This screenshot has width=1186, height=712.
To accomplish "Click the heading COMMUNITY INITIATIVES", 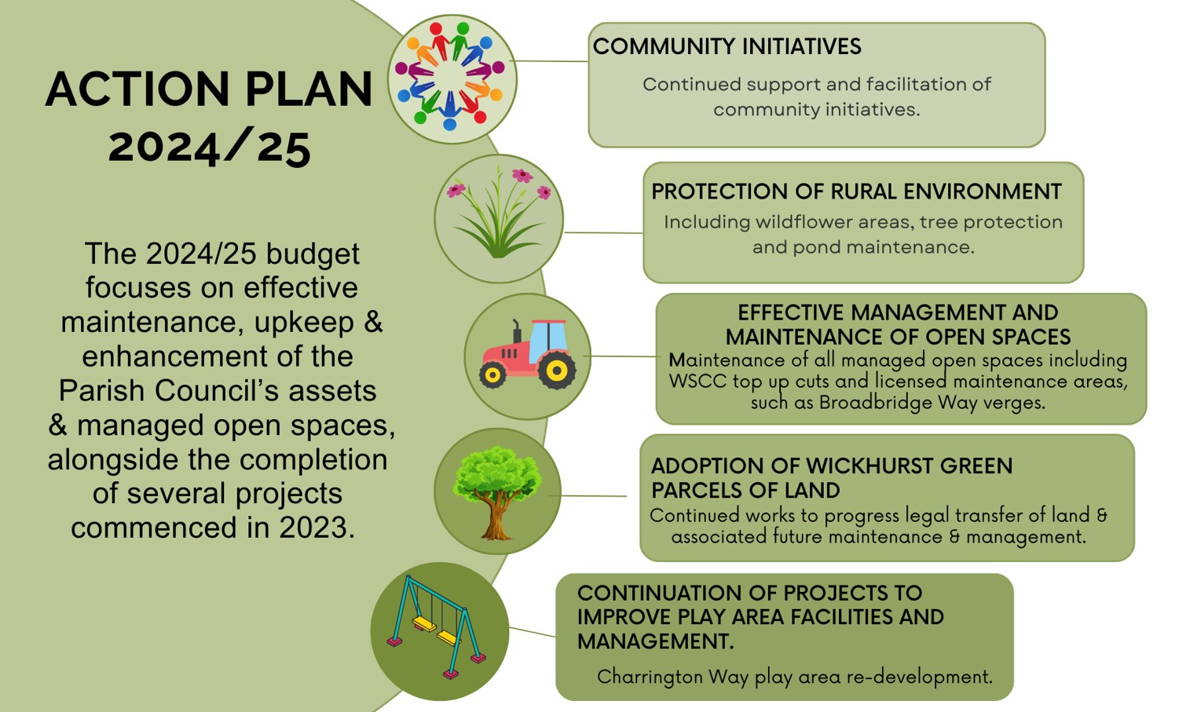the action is pos(727,46).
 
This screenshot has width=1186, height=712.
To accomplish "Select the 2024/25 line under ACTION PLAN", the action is pos(210,148).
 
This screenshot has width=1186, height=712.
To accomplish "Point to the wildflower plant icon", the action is pos(499,213).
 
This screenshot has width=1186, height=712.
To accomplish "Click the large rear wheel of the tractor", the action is pos(557,371).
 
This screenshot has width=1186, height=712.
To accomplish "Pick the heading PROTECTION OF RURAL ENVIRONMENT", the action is pos(856,192).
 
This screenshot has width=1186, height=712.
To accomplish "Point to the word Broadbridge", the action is pos(876,403).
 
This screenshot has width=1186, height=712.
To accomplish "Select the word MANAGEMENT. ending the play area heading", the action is pos(656,641).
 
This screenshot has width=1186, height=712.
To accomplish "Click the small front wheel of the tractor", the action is pos(492,374).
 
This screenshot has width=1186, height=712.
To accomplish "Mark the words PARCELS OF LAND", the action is pos(745,491).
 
